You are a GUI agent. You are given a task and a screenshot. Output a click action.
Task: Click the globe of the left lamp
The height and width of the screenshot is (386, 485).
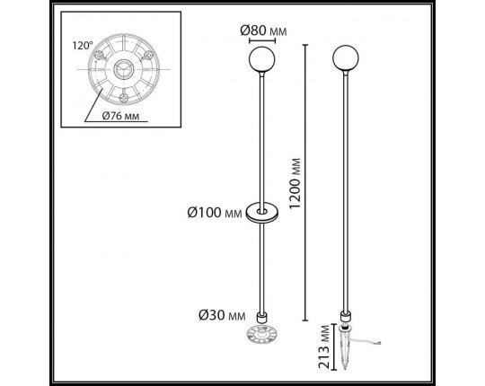(261, 61)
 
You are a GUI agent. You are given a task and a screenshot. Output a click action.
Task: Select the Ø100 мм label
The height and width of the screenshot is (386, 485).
(216, 212)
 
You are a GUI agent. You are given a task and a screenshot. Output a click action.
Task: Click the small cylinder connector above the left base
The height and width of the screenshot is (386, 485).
(261, 317)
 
